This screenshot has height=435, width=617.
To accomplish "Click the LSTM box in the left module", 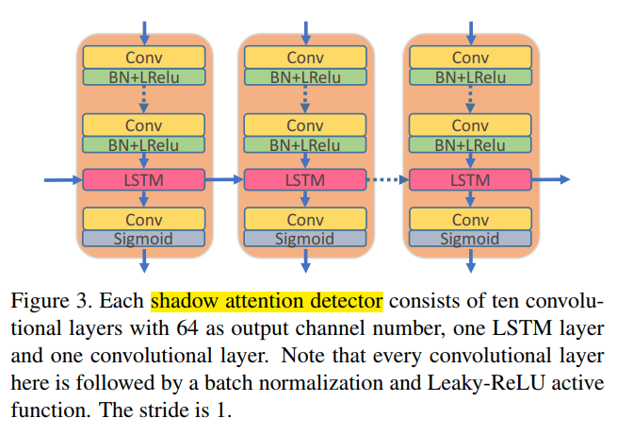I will click(143, 178).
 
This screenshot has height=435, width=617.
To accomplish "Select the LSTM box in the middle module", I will click(304, 178).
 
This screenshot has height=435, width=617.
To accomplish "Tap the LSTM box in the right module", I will click(469, 178).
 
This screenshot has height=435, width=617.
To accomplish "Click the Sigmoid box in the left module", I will click(143, 238).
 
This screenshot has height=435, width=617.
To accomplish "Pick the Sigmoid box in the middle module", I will click(304, 238).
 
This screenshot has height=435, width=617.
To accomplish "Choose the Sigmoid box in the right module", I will click(469, 238).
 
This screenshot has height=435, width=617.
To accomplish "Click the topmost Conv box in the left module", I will click(143, 58).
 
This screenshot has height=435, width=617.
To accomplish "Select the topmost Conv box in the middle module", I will click(304, 58).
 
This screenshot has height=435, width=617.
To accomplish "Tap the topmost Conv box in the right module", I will click(469, 58).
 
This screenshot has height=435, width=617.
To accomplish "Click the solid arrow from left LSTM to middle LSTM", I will click(224, 178).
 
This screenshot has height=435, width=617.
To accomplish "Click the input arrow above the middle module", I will click(304, 31).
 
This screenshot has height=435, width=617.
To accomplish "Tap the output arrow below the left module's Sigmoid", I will click(143, 261).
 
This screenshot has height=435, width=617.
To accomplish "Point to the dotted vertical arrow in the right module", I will click(469, 99).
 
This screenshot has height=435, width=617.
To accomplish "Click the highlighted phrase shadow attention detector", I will click(267, 302).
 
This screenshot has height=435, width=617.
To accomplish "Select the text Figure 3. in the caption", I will click(44, 302).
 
